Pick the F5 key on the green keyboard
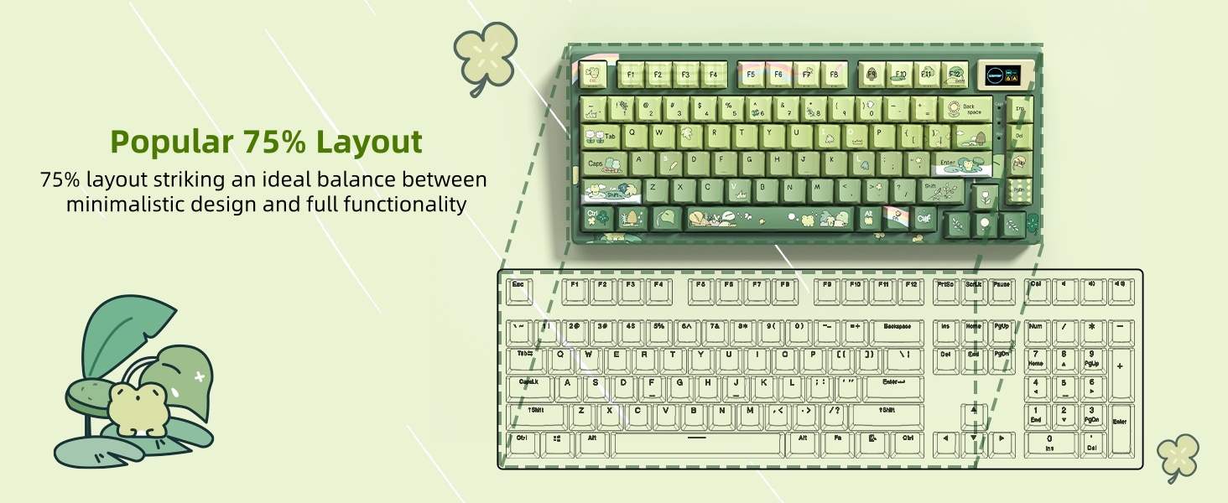coord(750,74)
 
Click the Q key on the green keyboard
coord(633,132)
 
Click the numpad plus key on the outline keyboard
coord(1120,366)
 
